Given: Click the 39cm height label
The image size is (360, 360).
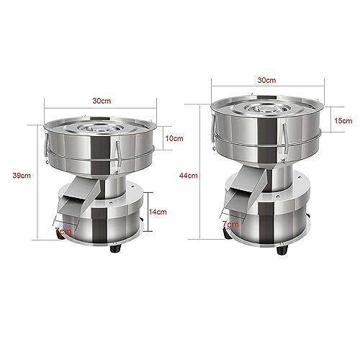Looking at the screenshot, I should point(22,175).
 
